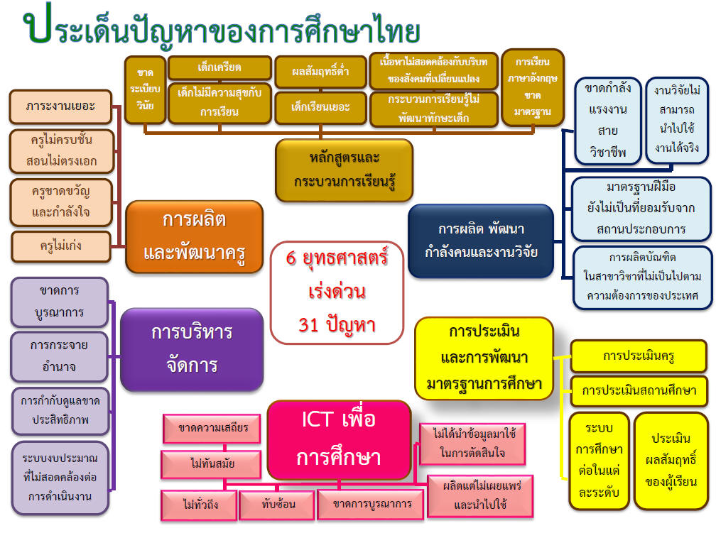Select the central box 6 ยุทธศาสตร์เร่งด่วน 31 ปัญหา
337,292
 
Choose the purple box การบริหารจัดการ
192,348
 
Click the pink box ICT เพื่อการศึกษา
340,438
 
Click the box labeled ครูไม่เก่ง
61,246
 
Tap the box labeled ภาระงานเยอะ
61,107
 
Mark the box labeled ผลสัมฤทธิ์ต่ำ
320,72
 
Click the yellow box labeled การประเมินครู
639,356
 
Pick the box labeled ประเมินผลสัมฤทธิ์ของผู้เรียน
671,460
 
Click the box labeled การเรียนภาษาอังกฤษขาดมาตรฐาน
532,87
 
